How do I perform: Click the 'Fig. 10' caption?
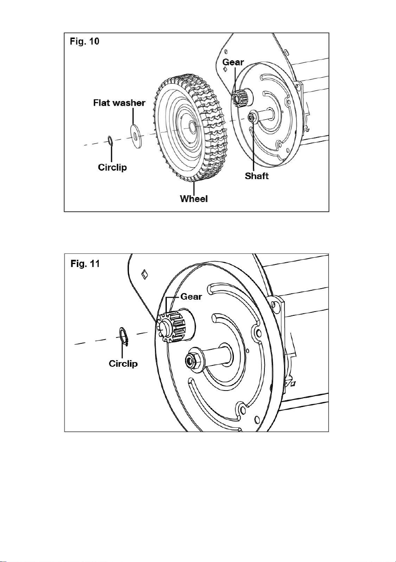click(84, 41)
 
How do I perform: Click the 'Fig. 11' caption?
click(85, 264)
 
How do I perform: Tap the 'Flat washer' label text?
click(119, 103)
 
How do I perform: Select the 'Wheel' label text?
click(194, 199)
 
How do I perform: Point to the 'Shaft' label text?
click(257, 176)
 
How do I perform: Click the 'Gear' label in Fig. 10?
click(233, 62)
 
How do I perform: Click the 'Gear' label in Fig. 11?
click(191, 297)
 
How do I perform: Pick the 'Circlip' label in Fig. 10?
click(112, 167)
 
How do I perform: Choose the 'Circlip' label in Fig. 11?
click(123, 363)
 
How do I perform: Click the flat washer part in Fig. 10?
click(136, 136)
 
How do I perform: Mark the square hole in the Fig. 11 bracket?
click(145, 273)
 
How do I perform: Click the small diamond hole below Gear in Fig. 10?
click(225, 69)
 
